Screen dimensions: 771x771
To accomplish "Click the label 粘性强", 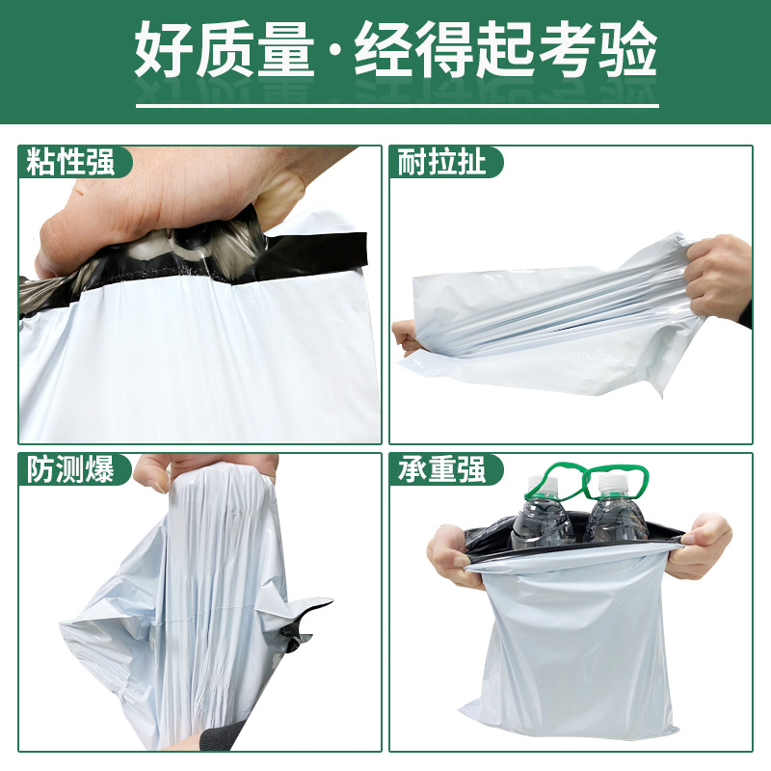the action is coord(70,162).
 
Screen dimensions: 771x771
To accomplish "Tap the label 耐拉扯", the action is coord(441,162).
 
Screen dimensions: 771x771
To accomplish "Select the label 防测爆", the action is coord(70,469).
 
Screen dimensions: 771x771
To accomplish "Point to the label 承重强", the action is coord(441,469).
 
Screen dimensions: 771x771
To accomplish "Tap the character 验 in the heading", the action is coord(628,50).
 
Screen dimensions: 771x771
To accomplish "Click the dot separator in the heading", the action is coord(334,51).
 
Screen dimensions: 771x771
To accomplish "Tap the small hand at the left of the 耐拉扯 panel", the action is coord(405,337).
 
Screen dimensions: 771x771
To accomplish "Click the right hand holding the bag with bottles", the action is coord(703,545).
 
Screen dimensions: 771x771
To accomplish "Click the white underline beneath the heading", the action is coord(397,105).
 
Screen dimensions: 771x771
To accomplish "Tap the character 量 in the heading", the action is coord(285,50).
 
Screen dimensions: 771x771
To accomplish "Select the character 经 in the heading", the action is coord(385,50).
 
